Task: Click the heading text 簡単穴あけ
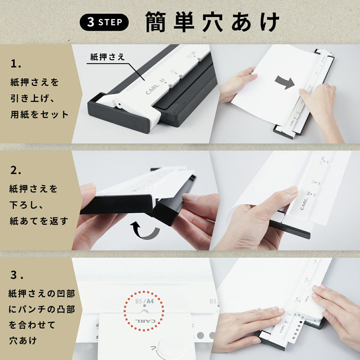[212, 22]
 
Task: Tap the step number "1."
[16, 64]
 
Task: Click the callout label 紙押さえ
[107, 57]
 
